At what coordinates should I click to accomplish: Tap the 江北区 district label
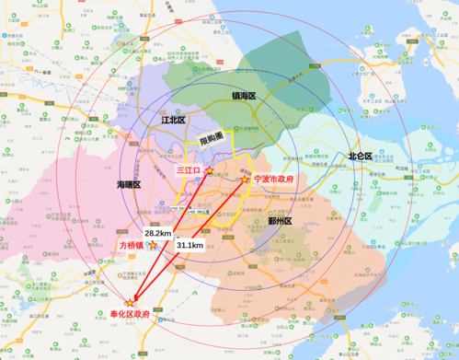click(173, 121)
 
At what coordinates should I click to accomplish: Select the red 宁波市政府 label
click(276, 180)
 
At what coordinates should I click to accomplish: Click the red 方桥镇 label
click(133, 246)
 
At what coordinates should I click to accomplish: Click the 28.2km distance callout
click(157, 235)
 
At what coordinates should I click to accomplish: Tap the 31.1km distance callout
click(189, 245)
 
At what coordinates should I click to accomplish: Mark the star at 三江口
click(209, 171)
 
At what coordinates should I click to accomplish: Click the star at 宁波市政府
click(247, 180)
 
